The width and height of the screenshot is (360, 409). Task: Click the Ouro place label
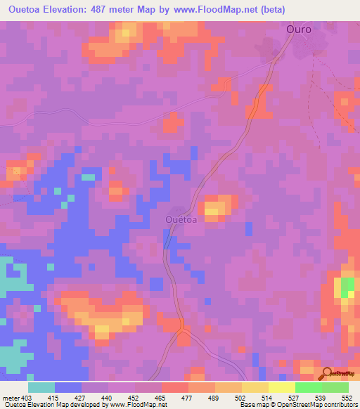(x=299, y=30)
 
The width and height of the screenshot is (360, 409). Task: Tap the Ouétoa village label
(x=180, y=219)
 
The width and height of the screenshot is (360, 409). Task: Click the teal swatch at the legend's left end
(x=41, y=387)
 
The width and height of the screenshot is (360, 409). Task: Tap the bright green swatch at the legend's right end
(x=335, y=387)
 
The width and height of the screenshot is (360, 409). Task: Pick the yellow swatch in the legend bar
(x=255, y=387)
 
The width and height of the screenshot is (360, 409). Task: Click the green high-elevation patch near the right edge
(x=347, y=287)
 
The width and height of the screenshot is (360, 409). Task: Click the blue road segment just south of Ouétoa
(x=167, y=240)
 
